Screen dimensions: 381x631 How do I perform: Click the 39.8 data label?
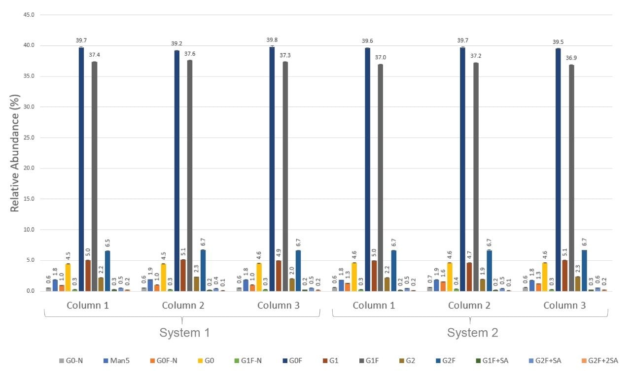coord(272,40)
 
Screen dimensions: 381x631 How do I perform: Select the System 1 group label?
coord(185,333)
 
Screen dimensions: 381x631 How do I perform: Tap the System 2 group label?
coord(472,333)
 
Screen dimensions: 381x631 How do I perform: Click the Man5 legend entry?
coord(110,361)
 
